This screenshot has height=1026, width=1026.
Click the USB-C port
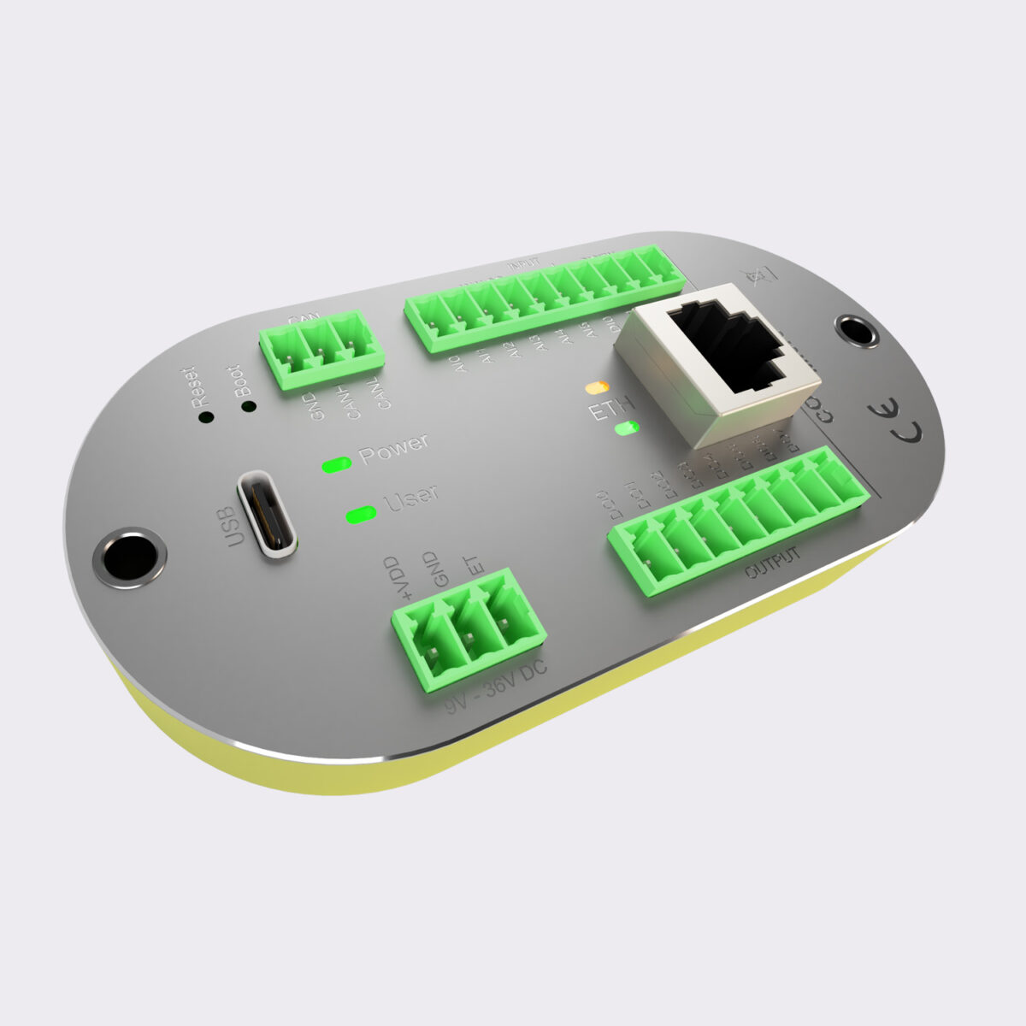click(x=268, y=514)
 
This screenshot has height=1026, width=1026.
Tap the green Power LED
click(x=336, y=464)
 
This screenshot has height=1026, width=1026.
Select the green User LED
click(x=361, y=515)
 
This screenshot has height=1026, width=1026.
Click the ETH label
click(x=610, y=409)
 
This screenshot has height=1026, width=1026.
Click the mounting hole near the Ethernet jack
click(x=856, y=330)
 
